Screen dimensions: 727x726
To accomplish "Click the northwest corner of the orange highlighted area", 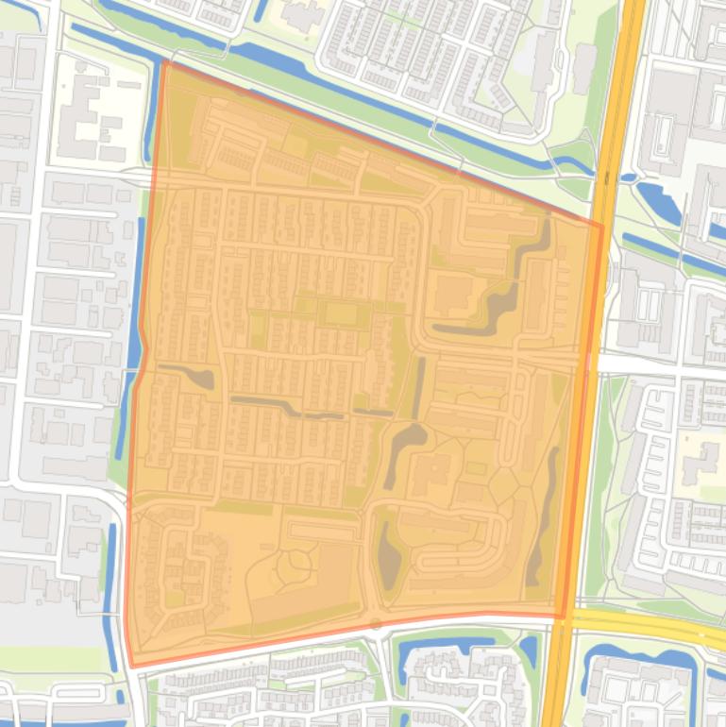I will (x=164, y=62).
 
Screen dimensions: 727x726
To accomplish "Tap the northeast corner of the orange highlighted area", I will (x=601, y=226).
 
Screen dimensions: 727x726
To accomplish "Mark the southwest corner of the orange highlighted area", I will (x=131, y=666).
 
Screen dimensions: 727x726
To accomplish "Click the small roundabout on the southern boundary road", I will (x=376, y=623).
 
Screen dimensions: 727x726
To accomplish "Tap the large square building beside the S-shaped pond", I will (x=452, y=293).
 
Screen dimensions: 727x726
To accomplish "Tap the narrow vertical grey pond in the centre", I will (x=418, y=389).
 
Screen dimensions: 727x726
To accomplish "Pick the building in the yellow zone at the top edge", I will (x=302, y=14).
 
